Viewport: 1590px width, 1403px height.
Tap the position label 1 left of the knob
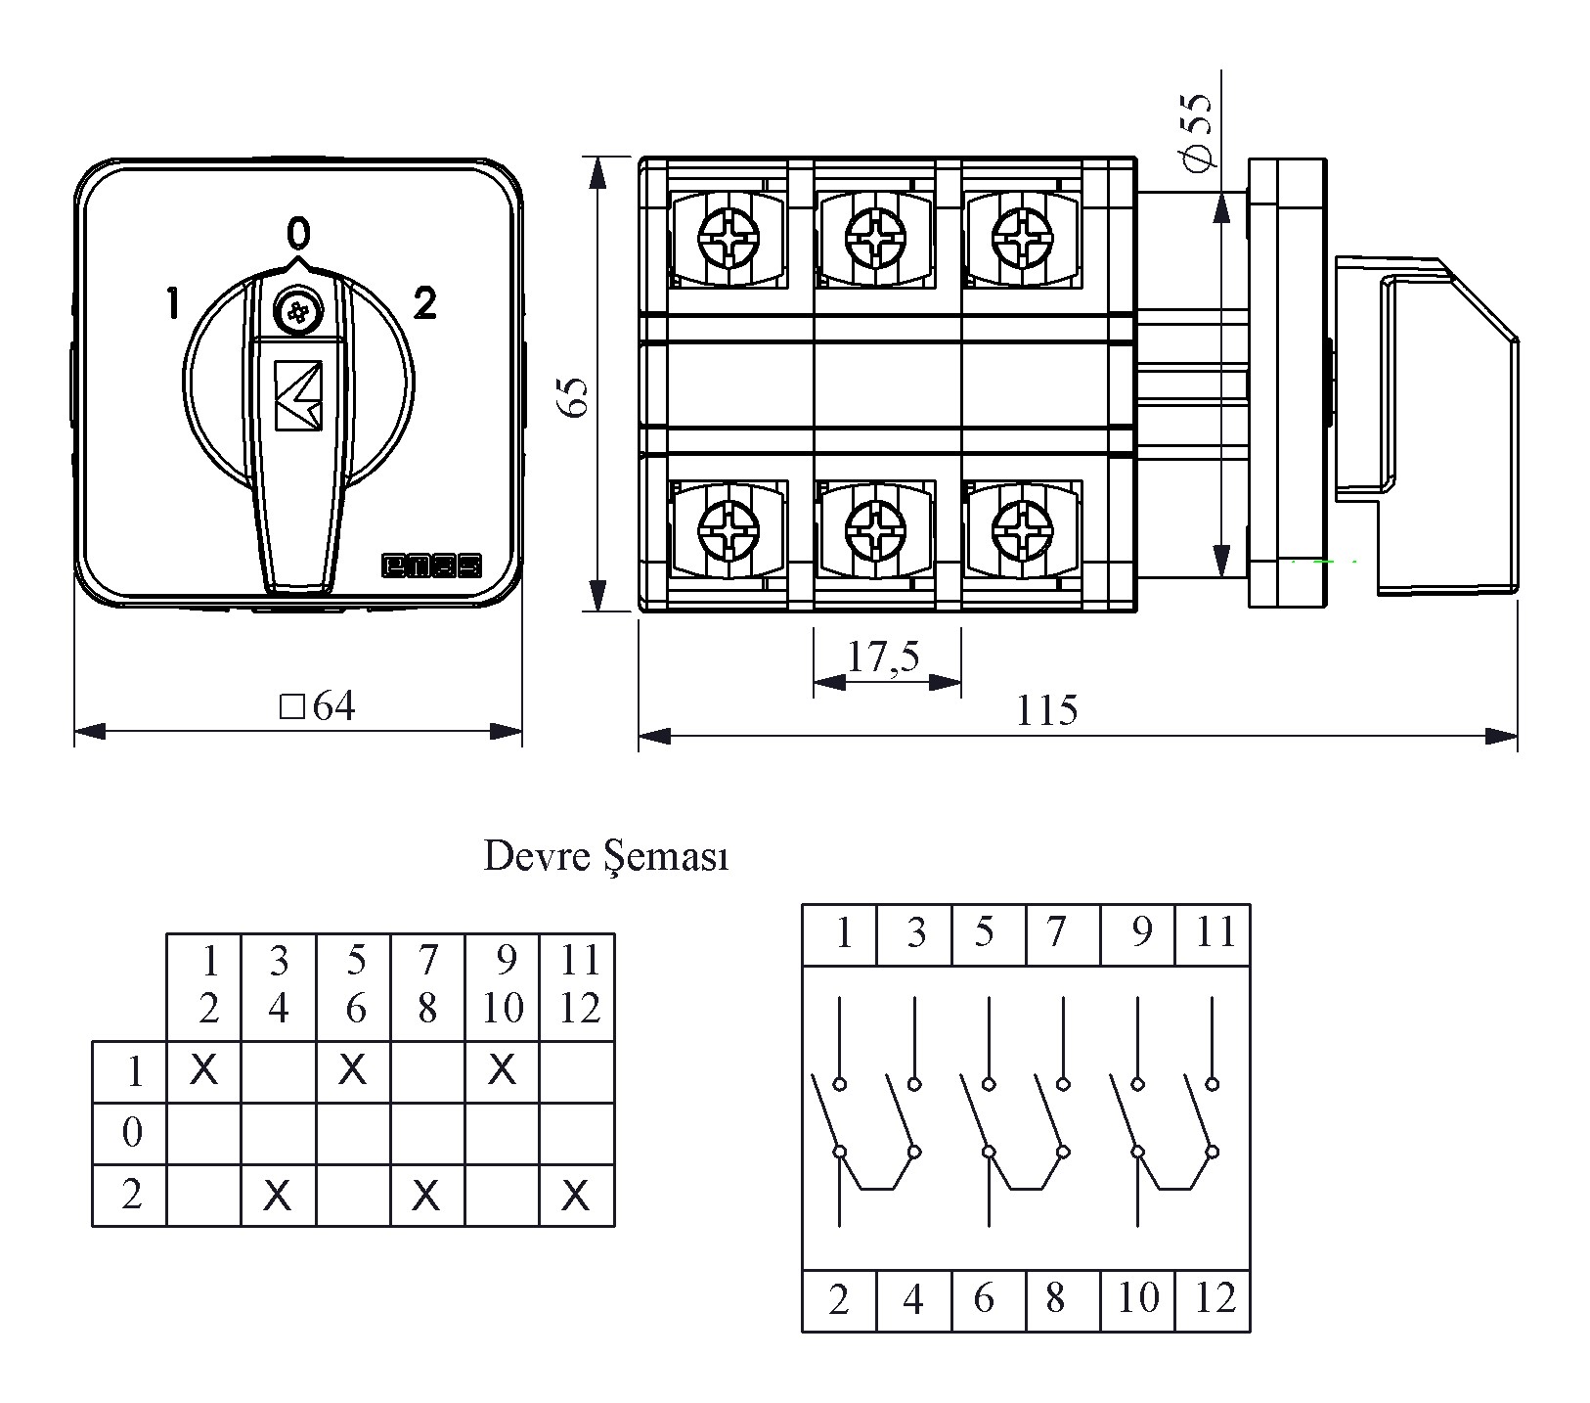tap(173, 303)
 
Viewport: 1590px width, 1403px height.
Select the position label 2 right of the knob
tap(424, 304)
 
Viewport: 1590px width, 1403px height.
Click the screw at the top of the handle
tap(297, 312)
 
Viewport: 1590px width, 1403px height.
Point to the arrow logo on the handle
tap(298, 394)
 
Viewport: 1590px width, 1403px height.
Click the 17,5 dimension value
tap(884, 657)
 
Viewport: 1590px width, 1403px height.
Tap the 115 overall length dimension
tap(1046, 710)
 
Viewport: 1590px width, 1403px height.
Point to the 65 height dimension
tap(576, 395)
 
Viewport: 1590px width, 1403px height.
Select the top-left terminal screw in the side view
tap(729, 236)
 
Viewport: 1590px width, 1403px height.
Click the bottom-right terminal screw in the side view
tap(1021, 532)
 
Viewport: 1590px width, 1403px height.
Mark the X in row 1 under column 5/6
tap(353, 1070)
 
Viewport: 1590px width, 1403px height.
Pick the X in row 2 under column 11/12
tap(577, 1195)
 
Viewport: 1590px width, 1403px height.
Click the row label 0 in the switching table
tap(132, 1133)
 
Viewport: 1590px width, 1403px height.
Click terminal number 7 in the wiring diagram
tap(1056, 932)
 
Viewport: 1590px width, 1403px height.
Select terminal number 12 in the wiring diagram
tap(1215, 1298)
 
